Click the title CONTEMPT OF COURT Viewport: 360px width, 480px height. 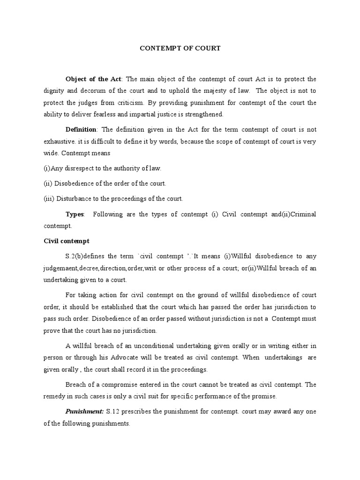click(x=180, y=48)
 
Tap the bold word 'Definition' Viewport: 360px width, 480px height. click(x=81, y=129)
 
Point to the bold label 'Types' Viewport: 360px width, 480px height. click(x=75, y=214)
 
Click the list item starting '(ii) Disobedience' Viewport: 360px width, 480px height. click(x=105, y=183)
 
